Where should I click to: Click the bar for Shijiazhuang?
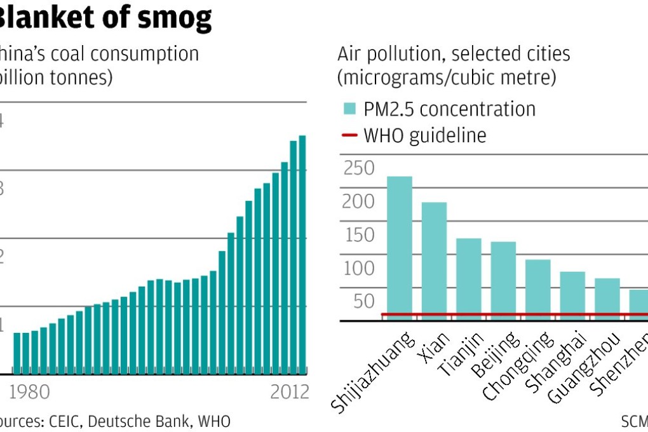[x=400, y=248]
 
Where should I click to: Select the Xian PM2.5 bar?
[x=434, y=260]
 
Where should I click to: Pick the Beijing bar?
[x=503, y=280]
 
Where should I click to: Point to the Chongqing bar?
[x=537, y=289]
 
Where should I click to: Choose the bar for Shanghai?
[x=572, y=295]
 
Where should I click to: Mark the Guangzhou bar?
[x=607, y=298]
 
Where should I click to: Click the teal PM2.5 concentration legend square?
[x=349, y=109]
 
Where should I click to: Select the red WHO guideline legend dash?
[x=349, y=135]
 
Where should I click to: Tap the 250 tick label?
[x=359, y=168]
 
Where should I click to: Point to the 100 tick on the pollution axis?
[x=359, y=268]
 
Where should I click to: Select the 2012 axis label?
[x=289, y=392]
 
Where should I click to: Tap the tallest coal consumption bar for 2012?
[x=302, y=254]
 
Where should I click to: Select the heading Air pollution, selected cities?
[x=454, y=54]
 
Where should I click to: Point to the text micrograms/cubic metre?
[x=447, y=78]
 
